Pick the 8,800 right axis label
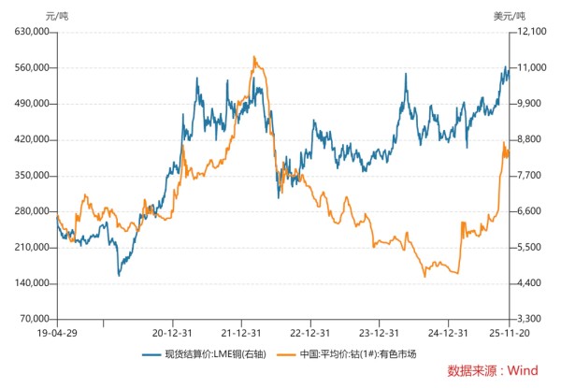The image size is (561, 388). pos(528,139)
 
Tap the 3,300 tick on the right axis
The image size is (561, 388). pos(528,320)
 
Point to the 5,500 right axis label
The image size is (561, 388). pos(528,248)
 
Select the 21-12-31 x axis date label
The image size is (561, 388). pos(246,332)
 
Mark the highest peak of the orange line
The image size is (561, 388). pos(254,57)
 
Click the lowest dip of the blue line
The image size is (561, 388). pos(119,275)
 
